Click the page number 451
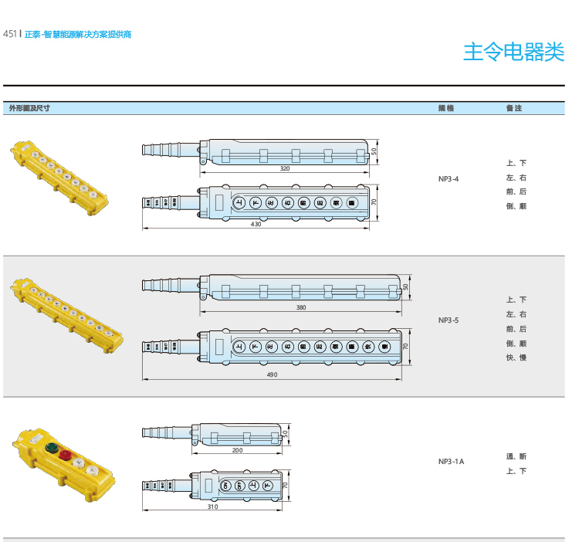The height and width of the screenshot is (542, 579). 11,34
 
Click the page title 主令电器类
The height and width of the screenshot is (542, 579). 512,52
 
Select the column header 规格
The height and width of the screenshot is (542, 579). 446,108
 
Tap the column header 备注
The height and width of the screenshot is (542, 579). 513,108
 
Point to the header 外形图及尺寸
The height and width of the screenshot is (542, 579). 29,108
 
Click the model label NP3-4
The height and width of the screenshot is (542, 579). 449,178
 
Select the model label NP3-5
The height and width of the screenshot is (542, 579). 449,320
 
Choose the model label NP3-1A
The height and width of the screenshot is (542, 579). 451,462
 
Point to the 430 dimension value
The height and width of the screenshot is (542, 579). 256,225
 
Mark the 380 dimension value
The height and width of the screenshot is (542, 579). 301,308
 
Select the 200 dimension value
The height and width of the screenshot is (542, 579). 237,450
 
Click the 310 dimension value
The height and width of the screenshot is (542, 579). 212,507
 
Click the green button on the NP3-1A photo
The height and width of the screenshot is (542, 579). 52,447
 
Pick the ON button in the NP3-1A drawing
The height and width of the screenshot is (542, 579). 225,485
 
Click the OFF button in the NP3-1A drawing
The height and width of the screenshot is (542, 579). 239,485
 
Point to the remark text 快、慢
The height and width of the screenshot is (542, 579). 516,357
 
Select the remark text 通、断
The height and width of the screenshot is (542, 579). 516,456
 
